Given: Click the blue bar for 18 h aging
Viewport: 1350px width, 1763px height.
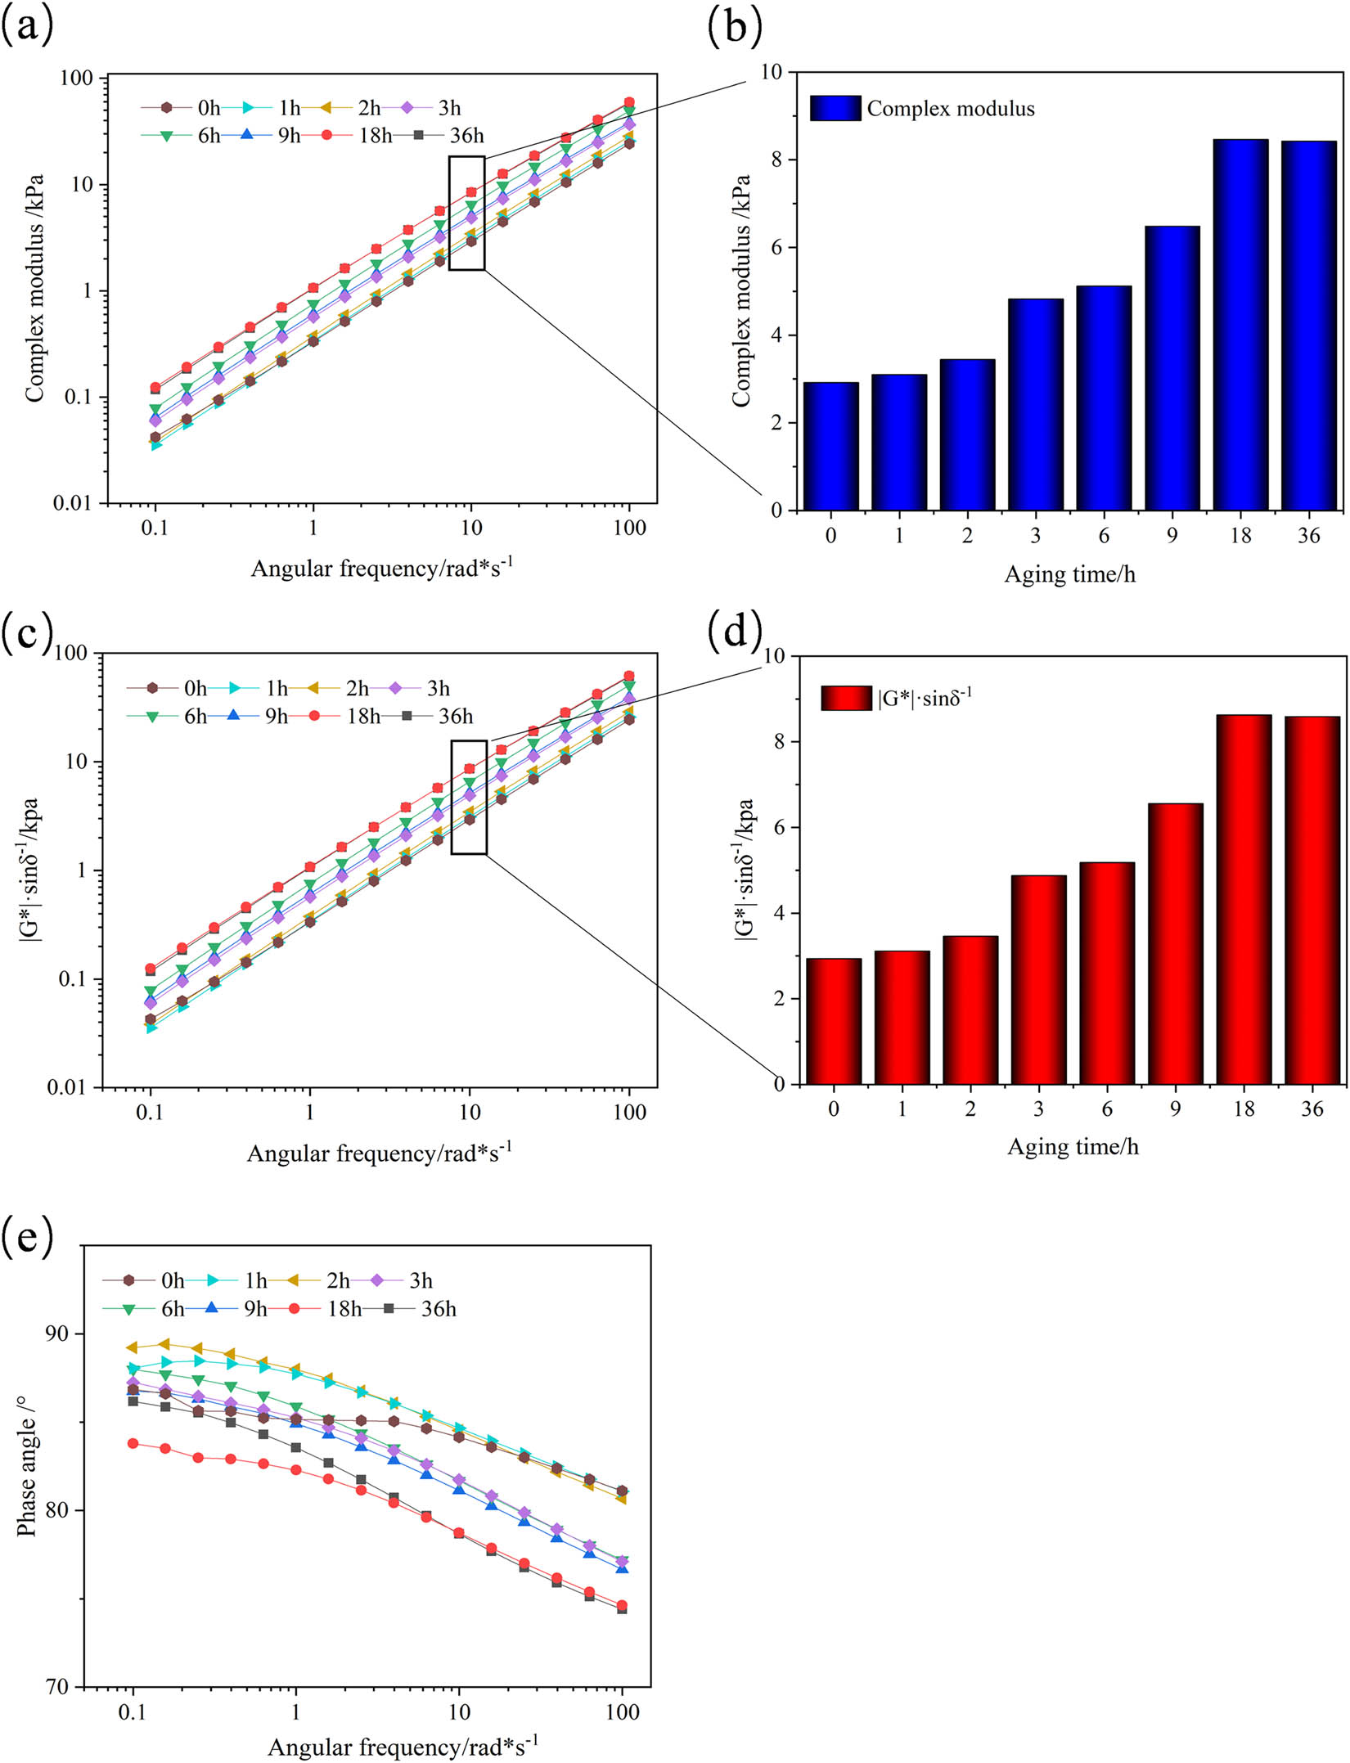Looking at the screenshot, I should (x=1240, y=325).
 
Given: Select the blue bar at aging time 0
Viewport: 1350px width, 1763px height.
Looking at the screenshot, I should (x=830, y=446).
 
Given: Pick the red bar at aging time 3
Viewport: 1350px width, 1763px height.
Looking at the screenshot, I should (x=1038, y=979).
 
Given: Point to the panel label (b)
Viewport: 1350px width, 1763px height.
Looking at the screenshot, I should (x=735, y=26).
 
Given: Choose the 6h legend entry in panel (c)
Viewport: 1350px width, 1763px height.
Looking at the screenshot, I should (x=169, y=717).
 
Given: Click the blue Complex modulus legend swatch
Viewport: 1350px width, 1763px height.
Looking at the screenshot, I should (x=835, y=108).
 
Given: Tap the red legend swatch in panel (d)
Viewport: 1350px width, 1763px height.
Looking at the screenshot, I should (x=846, y=698).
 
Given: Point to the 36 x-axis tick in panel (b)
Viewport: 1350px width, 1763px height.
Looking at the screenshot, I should (x=1308, y=536).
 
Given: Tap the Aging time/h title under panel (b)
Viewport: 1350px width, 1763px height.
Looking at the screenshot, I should (x=1069, y=574).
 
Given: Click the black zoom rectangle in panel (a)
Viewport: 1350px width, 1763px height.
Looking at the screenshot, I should (x=466, y=213).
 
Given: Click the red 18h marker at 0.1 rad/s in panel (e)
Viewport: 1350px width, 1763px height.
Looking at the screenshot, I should (x=133, y=1444).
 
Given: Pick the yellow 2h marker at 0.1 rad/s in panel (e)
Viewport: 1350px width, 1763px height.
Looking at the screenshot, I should (x=133, y=1347).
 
